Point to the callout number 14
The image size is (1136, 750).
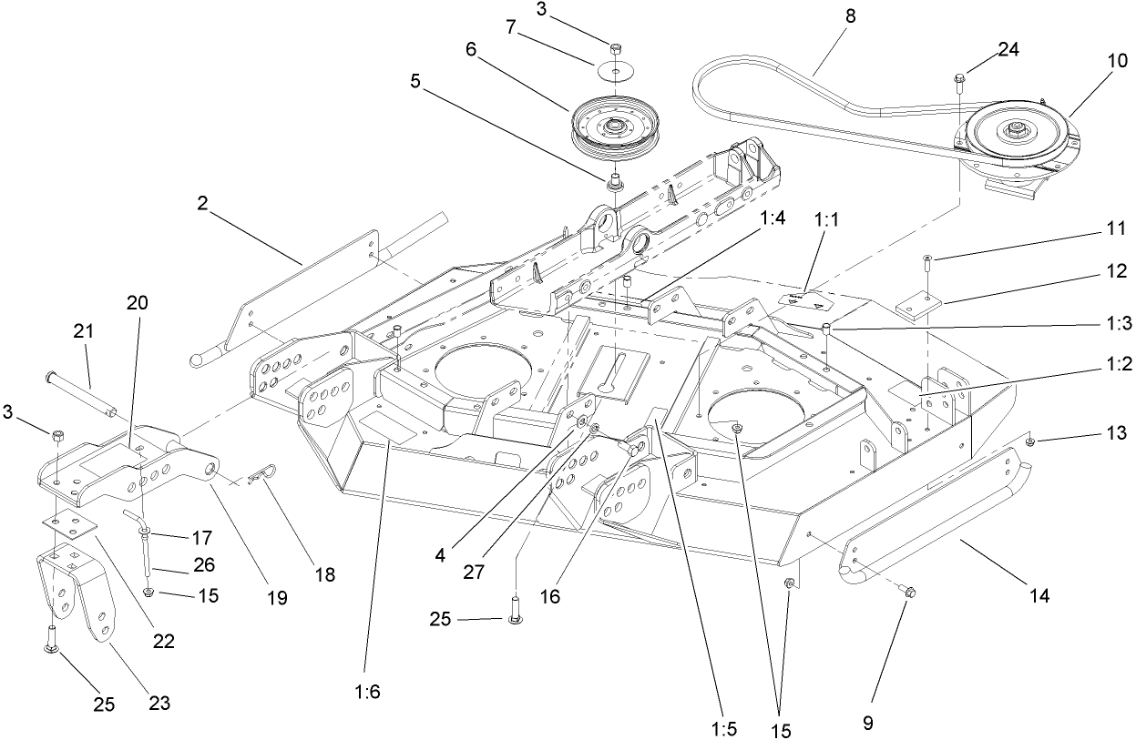(x=1039, y=596)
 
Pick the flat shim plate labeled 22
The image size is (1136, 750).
(x=71, y=524)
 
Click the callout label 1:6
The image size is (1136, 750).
(x=368, y=691)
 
